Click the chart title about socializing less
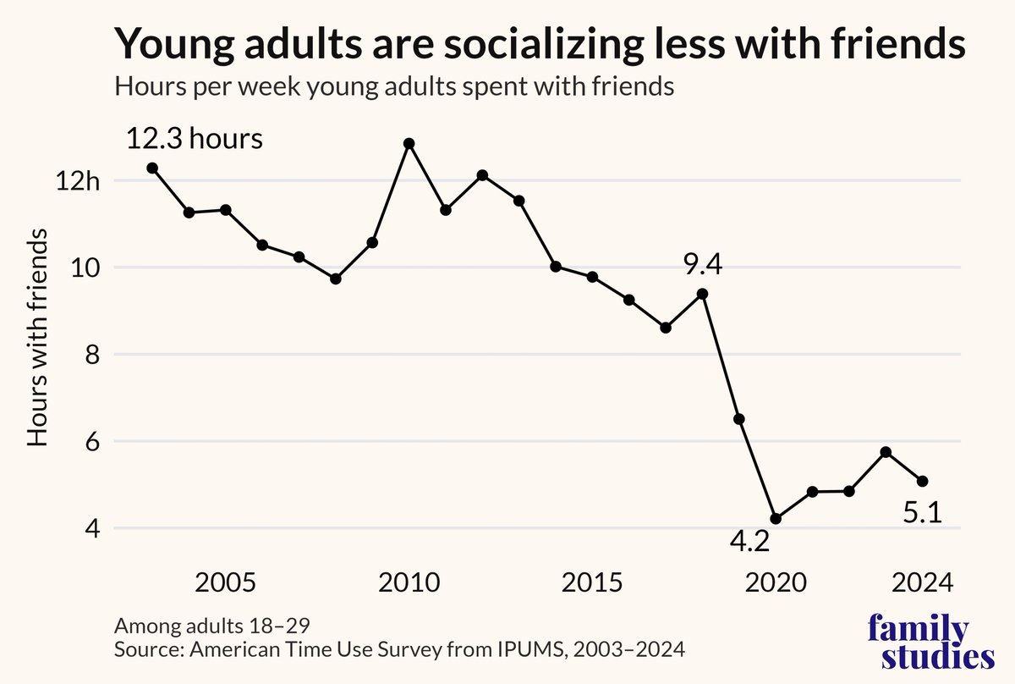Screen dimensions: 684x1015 540,43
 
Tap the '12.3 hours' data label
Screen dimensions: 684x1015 195,138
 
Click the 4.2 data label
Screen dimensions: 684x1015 749,541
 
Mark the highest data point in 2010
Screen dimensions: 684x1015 409,144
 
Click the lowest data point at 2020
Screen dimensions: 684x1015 776,519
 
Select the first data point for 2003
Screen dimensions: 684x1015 152,168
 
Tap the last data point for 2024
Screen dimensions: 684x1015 923,481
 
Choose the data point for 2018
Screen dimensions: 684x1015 702,294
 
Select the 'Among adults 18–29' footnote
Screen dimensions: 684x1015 200,627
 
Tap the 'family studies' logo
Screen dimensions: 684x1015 930,643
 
